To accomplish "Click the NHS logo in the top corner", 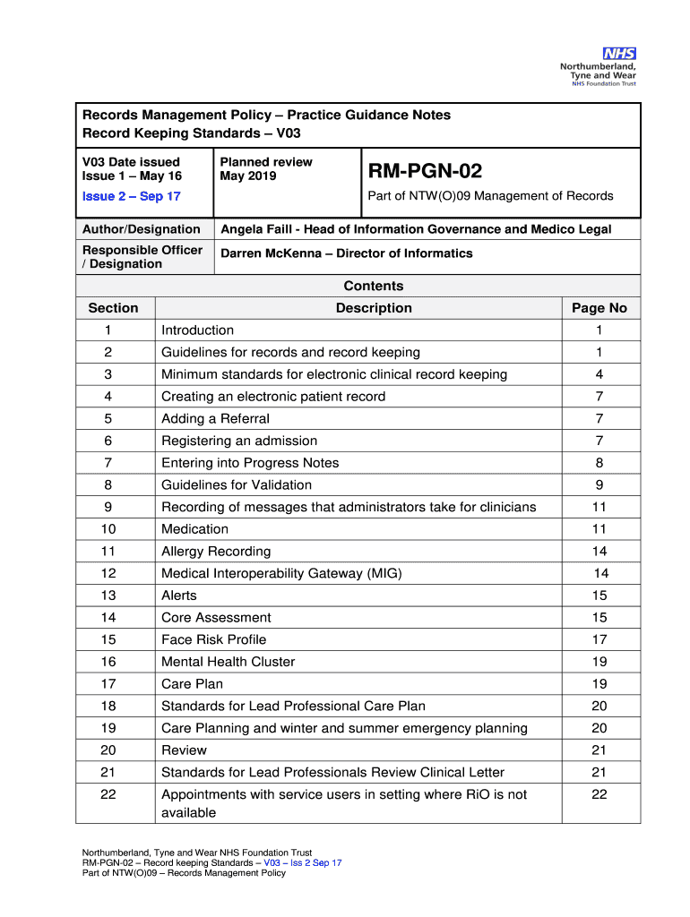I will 618,54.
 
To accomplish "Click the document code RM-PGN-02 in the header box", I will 425,170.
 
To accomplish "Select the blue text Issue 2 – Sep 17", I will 132,196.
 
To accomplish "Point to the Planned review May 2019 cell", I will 266,169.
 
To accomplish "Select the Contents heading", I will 374,287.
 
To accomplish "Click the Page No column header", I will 599,308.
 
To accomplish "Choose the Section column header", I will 114,308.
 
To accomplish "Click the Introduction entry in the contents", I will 197,330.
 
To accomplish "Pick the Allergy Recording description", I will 216,552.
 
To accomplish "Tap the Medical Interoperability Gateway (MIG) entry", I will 281,573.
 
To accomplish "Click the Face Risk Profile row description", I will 213,639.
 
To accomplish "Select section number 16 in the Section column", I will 108,662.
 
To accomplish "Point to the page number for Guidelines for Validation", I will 599,485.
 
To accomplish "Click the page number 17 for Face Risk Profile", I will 599,639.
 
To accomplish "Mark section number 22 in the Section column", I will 108,794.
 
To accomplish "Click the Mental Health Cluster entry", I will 228,662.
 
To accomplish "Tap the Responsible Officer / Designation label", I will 142,257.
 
